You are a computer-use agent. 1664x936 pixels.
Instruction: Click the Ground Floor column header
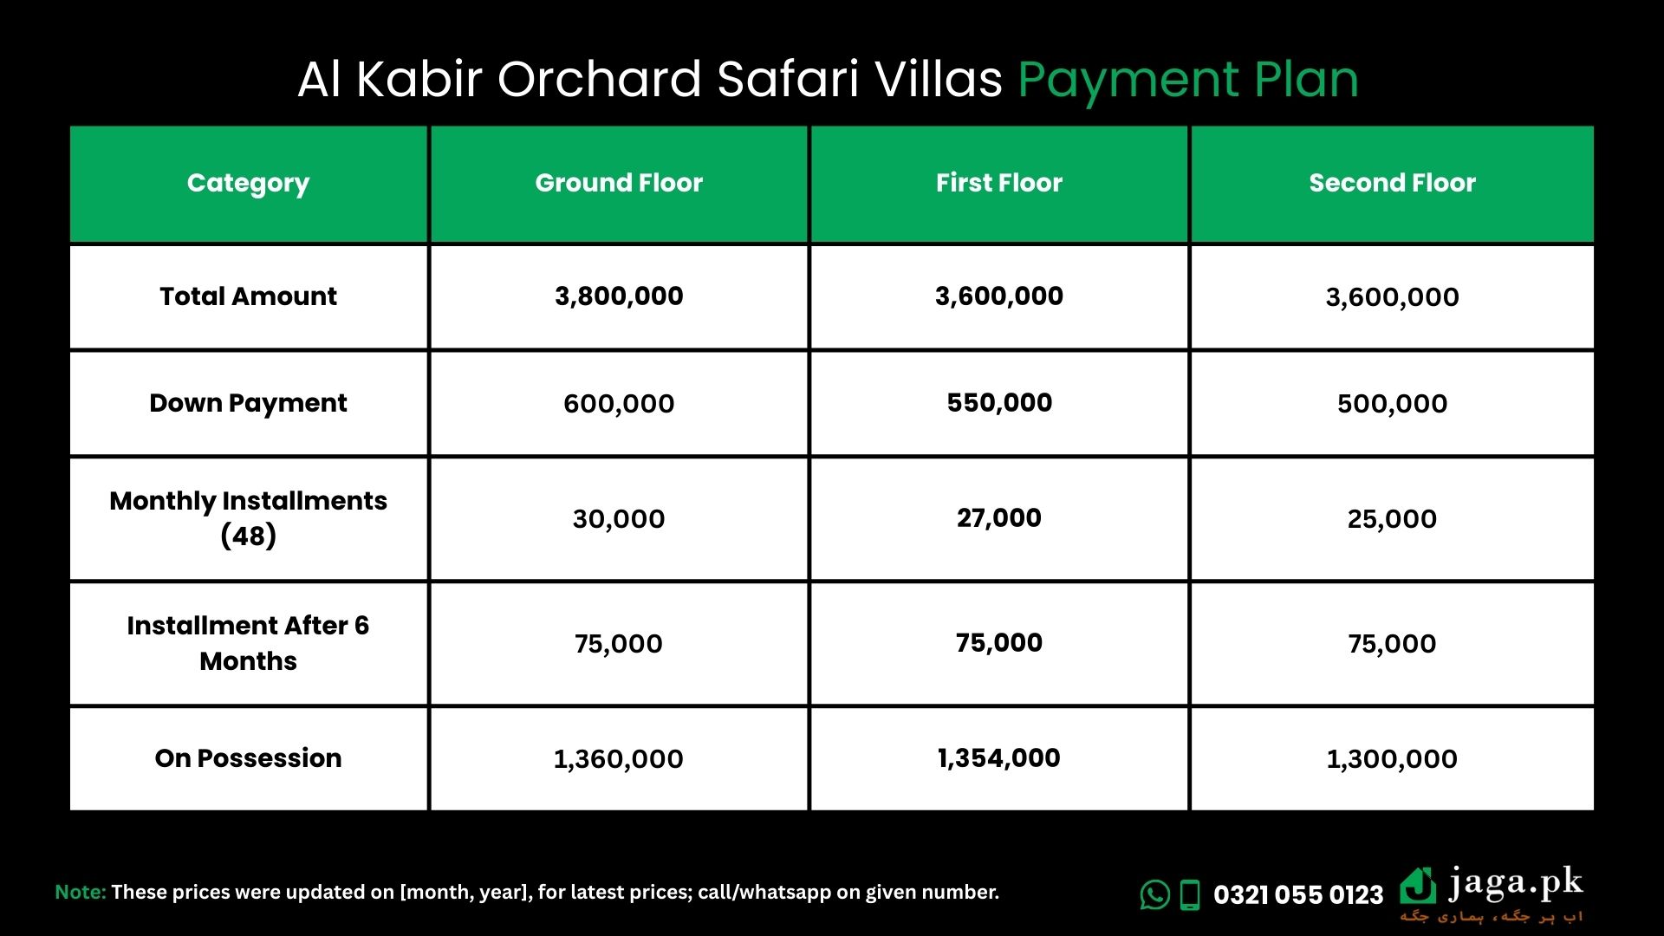pos(619,183)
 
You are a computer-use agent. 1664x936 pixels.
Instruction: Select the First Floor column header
pos(998,183)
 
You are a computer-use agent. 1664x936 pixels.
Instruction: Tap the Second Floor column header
pos(1392,183)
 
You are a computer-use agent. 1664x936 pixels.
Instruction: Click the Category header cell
pos(248,184)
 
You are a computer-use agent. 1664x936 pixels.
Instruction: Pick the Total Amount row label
pos(248,296)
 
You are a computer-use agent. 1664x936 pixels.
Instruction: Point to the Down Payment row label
pos(248,404)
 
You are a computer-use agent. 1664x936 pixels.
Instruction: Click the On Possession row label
pos(248,758)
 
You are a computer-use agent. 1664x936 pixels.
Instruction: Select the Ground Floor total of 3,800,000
pos(619,296)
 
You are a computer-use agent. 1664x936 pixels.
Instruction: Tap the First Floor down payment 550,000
pos(999,403)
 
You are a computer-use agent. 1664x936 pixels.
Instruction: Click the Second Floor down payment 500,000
pos(1392,404)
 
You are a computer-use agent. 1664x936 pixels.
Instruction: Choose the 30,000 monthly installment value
pos(619,519)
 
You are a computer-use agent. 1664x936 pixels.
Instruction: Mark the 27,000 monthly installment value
pos(999,518)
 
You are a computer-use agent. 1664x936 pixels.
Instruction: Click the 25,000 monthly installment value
pos(1392,519)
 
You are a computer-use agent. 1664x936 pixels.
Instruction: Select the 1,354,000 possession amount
pos(998,758)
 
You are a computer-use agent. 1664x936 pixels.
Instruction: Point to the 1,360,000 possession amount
pos(619,759)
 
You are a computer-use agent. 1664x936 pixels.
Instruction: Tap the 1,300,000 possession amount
pos(1392,759)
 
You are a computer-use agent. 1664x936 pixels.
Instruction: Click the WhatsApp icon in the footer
pos(1154,894)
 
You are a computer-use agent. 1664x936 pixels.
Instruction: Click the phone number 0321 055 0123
pos(1298,894)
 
